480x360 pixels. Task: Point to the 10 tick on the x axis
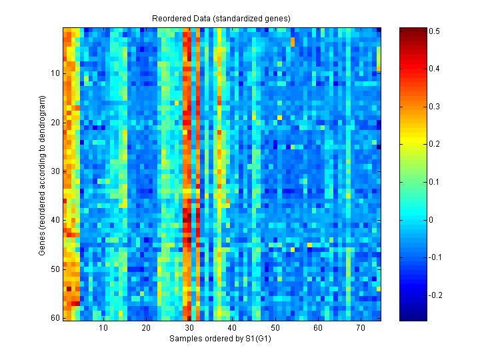click(104, 328)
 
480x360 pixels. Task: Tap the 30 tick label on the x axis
click(189, 328)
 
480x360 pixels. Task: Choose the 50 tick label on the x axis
click(275, 328)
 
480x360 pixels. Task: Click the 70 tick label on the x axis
click(361, 328)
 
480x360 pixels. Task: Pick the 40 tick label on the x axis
click(233, 328)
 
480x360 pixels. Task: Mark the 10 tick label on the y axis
click(55, 73)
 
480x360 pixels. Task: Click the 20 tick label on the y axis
click(55, 123)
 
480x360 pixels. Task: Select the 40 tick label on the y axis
click(55, 220)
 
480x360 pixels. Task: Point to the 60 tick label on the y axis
click(55, 318)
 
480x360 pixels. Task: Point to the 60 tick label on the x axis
click(318, 328)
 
